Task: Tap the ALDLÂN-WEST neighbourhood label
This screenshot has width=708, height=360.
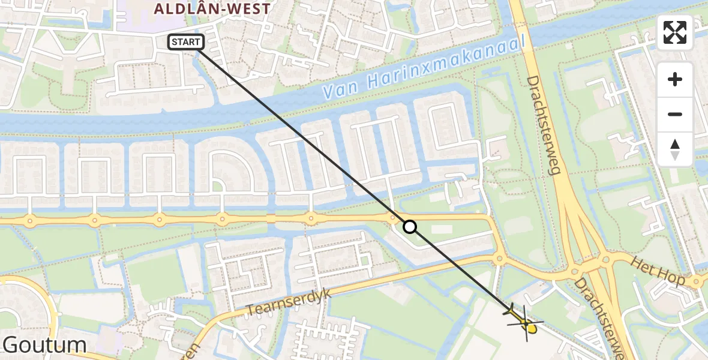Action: click(x=212, y=8)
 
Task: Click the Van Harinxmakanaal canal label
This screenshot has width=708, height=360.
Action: click(x=425, y=67)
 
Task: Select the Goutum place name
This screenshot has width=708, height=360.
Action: click(x=44, y=345)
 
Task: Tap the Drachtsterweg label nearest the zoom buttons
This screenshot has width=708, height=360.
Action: click(x=543, y=125)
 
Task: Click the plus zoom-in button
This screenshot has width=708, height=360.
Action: click(x=675, y=79)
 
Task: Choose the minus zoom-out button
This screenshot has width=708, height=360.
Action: click(x=675, y=114)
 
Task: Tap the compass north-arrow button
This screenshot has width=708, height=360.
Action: click(x=675, y=149)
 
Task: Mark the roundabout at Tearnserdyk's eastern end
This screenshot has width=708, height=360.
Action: click(x=499, y=259)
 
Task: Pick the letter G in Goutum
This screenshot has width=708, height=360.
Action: click(x=13, y=345)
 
